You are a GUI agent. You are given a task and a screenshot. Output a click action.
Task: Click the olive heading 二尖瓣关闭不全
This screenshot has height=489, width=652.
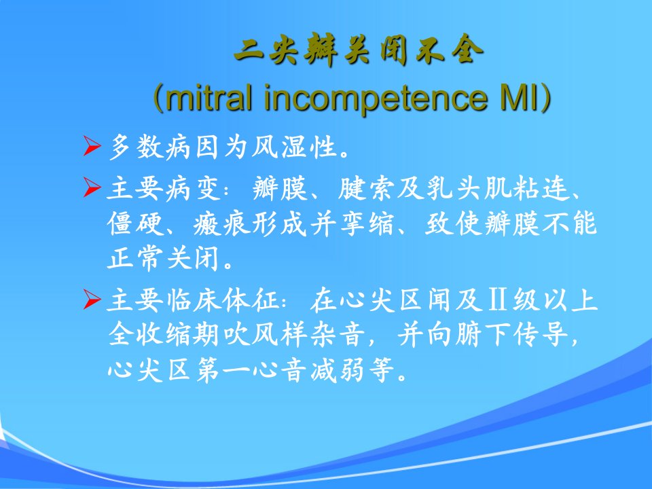pyautogui.click(x=359, y=52)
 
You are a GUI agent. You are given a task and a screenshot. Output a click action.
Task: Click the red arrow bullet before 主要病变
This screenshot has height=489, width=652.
pyautogui.click(x=92, y=187)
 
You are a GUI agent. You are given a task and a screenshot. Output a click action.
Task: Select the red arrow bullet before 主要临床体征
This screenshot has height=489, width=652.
pyautogui.click(x=92, y=300)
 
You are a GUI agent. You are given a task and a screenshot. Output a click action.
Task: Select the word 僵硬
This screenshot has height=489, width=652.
pyautogui.click(x=135, y=223)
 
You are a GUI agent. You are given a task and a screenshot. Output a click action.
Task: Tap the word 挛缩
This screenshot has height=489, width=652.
pyautogui.click(x=366, y=223)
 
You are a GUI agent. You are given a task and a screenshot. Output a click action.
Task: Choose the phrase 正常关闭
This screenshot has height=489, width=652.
pyautogui.click(x=164, y=259)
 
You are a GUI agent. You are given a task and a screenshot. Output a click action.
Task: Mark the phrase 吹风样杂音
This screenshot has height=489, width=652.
pyautogui.click(x=293, y=334)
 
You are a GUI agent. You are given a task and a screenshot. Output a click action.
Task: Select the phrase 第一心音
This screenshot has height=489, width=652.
pyautogui.click(x=251, y=369)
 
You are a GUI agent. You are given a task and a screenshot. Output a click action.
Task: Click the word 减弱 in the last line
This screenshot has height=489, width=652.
pyautogui.click(x=338, y=369)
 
